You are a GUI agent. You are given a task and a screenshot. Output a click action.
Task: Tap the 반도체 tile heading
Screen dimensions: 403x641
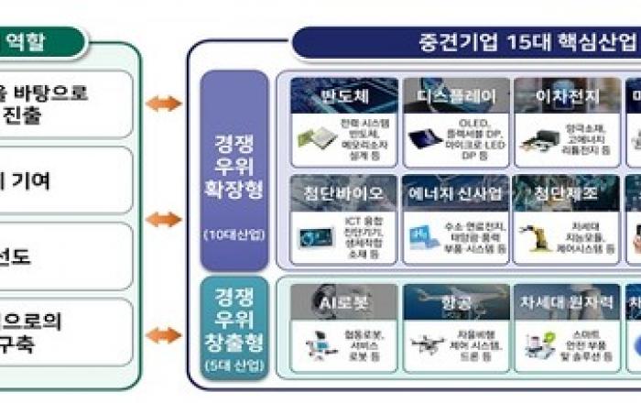344,95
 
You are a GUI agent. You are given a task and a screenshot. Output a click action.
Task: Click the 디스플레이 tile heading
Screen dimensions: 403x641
455,95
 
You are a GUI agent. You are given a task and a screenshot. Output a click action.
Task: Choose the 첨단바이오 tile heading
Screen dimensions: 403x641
344,193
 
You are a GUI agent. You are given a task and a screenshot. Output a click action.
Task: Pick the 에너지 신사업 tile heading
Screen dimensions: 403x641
455,193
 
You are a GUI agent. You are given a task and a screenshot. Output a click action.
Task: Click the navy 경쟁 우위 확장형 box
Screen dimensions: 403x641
234,169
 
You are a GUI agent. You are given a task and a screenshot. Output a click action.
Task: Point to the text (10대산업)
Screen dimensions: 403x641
234,234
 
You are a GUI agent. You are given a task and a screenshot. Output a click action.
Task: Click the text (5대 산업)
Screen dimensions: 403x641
234,367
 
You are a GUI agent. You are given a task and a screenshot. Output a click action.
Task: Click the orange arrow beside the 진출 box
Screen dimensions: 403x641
164,103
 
